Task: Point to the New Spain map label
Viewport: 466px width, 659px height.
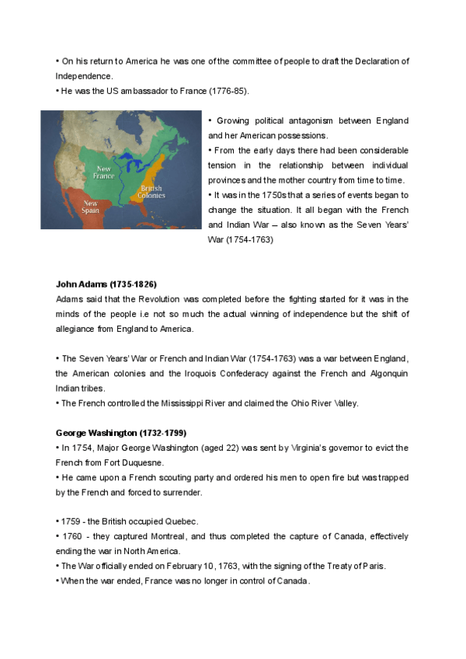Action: coord(90,207)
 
